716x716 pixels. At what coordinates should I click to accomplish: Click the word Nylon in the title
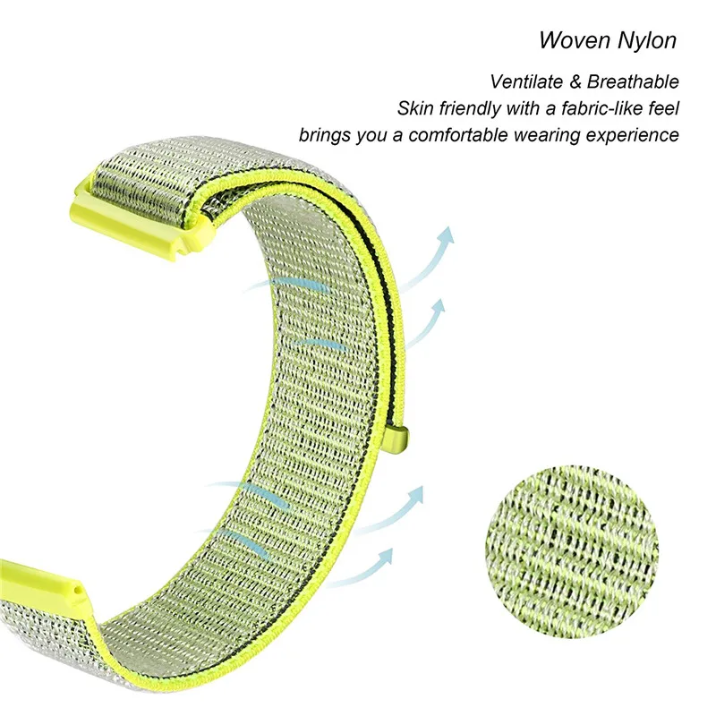[646, 41]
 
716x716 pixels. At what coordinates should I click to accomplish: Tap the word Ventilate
[526, 81]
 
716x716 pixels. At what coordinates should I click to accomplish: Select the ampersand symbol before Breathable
[575, 82]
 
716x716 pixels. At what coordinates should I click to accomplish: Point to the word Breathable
[633, 81]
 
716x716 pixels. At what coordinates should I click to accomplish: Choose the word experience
[633, 136]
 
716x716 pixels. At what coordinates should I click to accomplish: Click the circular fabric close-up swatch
[571, 551]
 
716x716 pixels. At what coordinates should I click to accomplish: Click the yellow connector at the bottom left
[42, 579]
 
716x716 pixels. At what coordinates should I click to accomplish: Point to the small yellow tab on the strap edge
[398, 439]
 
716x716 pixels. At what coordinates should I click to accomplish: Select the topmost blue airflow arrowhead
[446, 236]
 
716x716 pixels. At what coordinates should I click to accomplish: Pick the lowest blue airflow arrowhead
[385, 557]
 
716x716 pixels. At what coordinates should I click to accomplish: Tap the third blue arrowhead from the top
[415, 496]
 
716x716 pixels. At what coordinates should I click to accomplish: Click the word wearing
[547, 136]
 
